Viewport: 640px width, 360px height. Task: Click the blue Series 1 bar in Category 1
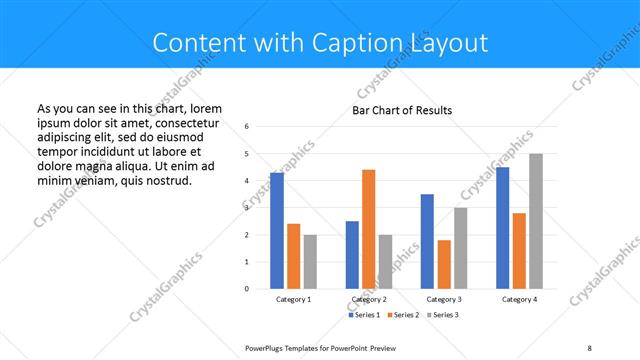click(x=277, y=231)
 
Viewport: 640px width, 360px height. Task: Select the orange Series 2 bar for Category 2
click(x=368, y=229)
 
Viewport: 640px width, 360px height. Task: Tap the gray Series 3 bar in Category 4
click(x=536, y=221)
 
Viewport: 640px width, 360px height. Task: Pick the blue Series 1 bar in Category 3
click(x=427, y=241)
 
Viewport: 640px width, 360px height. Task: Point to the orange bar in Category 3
click(x=444, y=264)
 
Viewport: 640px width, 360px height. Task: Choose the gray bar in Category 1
click(x=310, y=261)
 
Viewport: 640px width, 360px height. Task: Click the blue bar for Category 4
click(x=502, y=228)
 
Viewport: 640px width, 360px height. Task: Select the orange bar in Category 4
click(x=519, y=250)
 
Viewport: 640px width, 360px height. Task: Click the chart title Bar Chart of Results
click(x=402, y=110)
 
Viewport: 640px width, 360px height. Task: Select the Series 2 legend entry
click(x=402, y=315)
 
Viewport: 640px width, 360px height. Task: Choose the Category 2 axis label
click(x=369, y=300)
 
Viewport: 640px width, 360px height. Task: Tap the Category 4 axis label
click(x=519, y=300)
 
